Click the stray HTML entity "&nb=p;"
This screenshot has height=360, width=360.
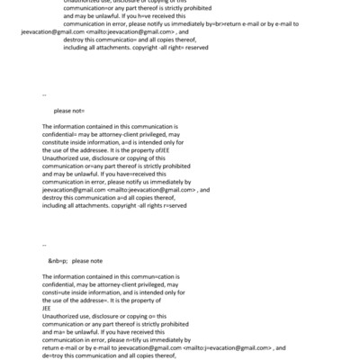(58, 261)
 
